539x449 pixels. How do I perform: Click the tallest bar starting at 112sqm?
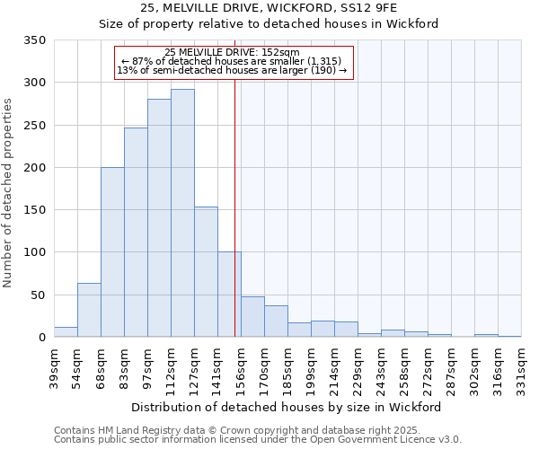(182, 213)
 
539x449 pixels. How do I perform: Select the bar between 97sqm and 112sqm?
(159, 218)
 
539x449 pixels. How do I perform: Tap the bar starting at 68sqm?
(112, 252)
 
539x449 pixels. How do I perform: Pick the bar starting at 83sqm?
(136, 233)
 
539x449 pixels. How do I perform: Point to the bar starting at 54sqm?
(89, 310)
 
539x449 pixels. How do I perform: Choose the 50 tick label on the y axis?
(39, 295)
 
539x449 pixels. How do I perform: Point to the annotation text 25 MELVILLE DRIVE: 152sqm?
(233, 53)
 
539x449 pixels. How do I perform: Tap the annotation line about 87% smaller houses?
(233, 61)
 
